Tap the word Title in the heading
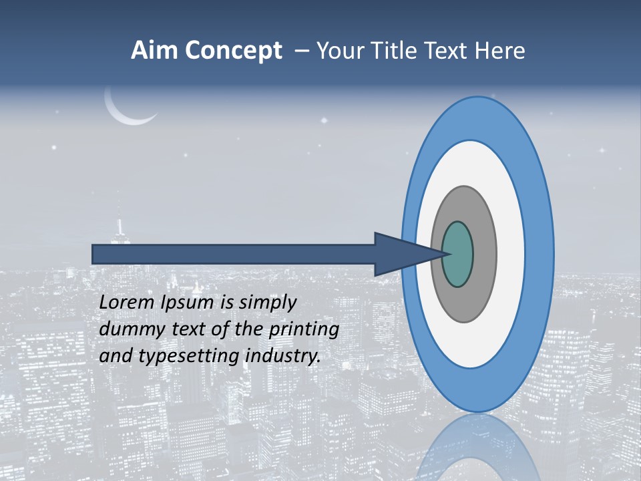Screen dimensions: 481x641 (397, 51)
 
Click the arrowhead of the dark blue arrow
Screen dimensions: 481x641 (401, 254)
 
